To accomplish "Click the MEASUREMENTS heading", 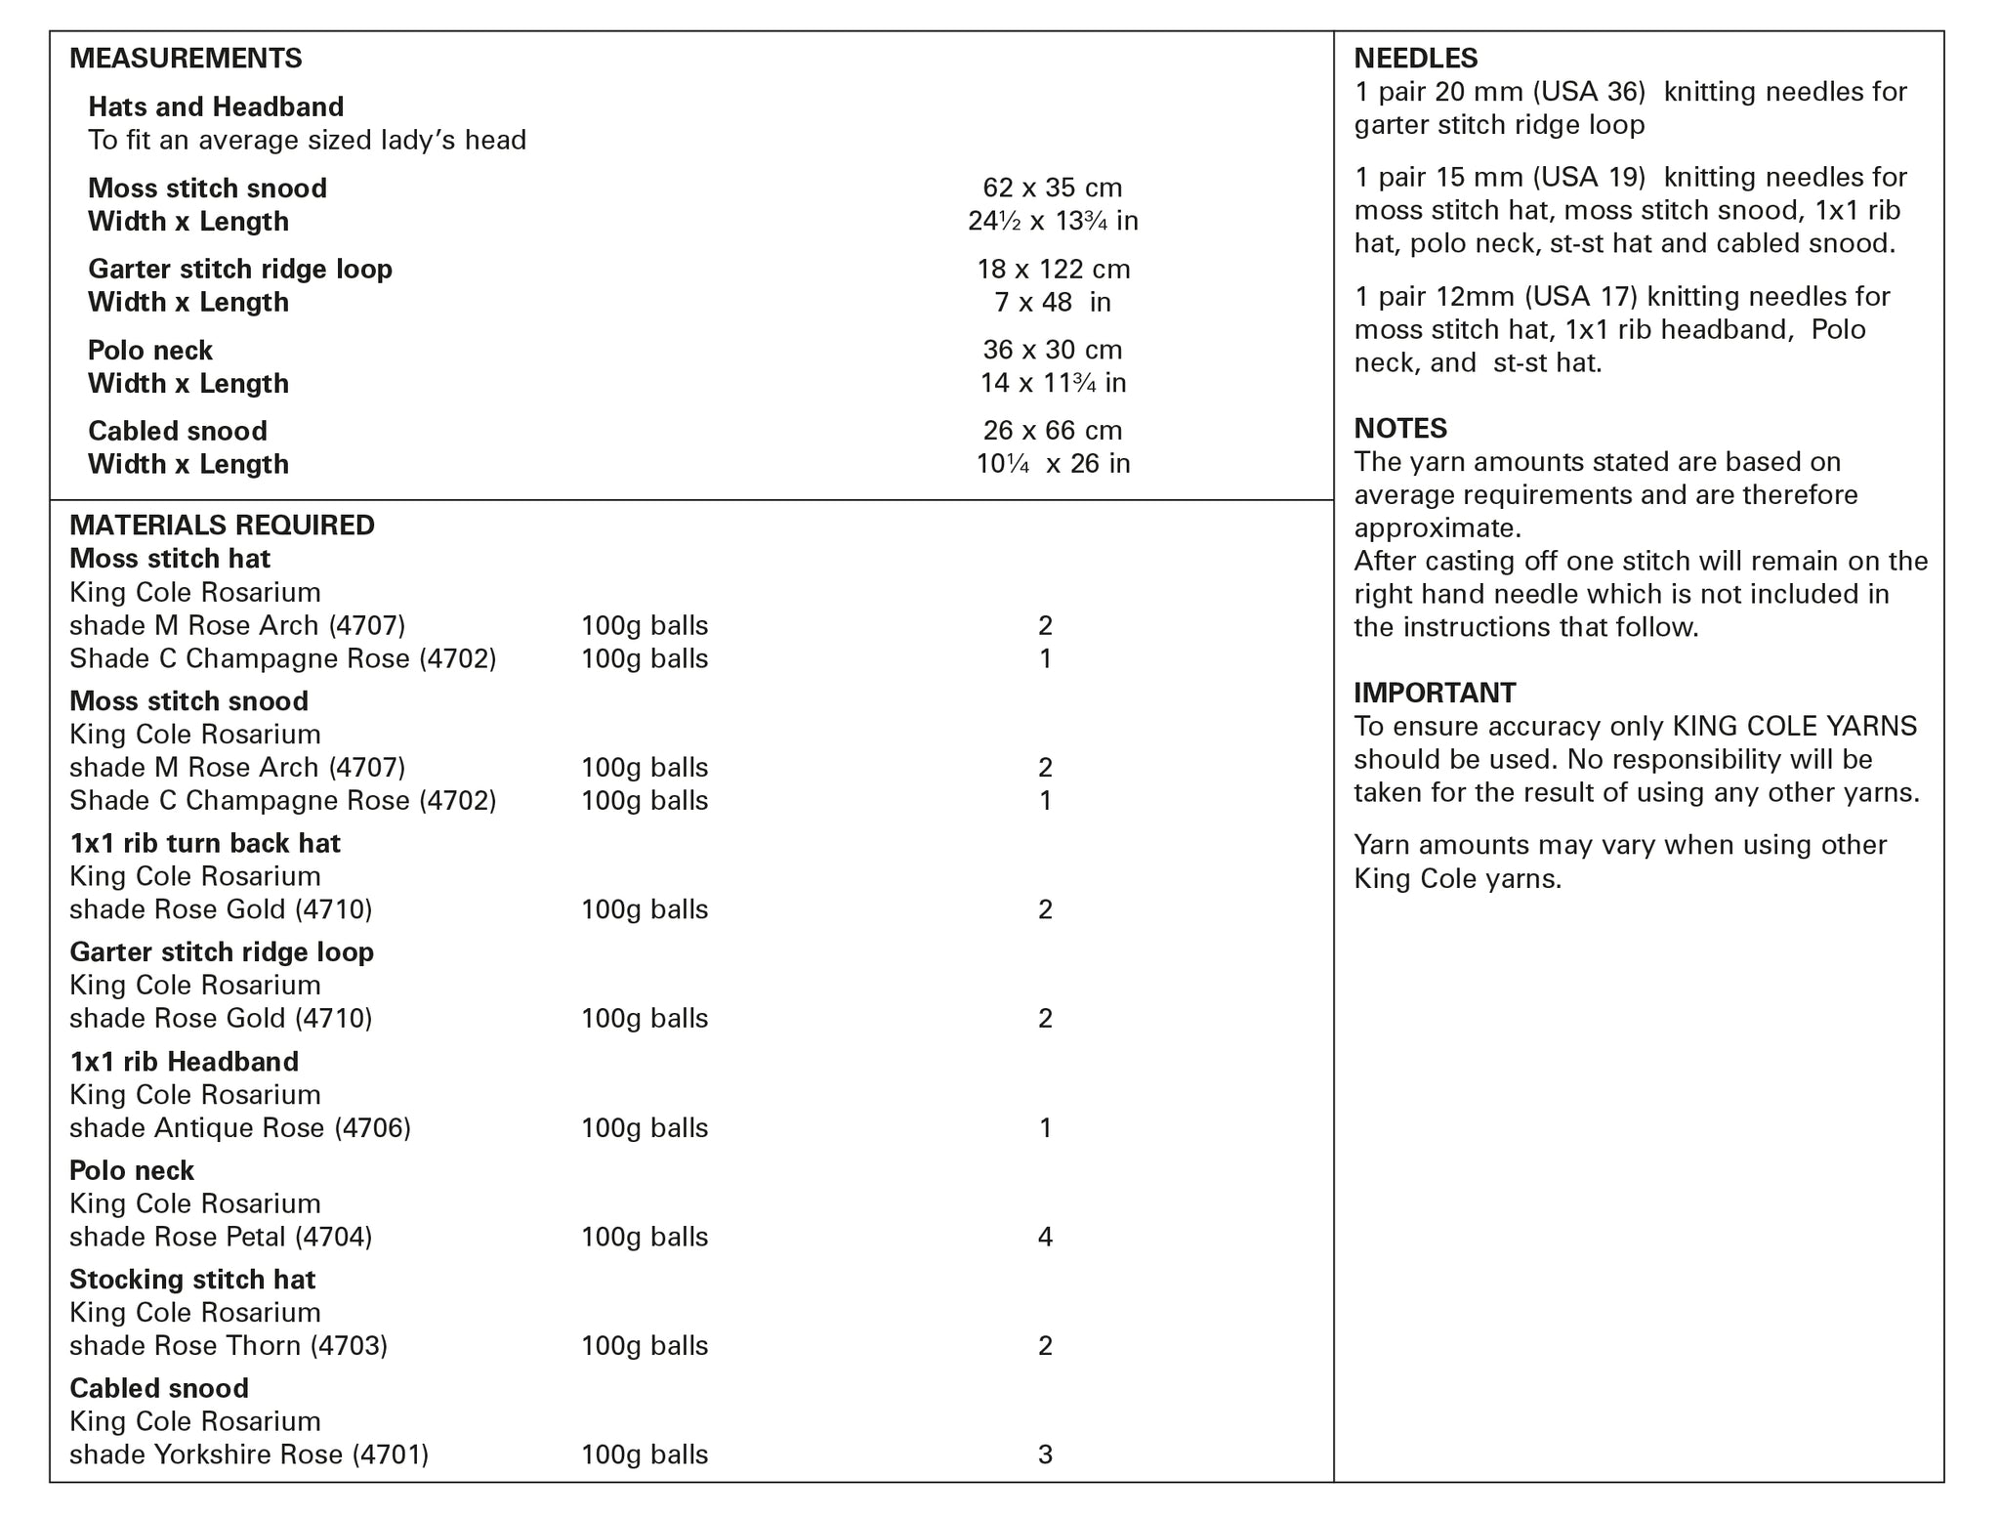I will tap(186, 59).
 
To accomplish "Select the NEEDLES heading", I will tap(1415, 59).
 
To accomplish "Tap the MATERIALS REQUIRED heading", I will tap(222, 526).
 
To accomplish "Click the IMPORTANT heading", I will tap(1434, 693).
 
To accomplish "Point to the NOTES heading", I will tap(1399, 428).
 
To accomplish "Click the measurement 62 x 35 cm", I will tap(1052, 188).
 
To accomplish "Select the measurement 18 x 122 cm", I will tap(1053, 269).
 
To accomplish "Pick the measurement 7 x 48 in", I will tap(1052, 303).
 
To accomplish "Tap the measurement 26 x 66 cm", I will tap(1052, 431).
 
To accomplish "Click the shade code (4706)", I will tap(372, 1128).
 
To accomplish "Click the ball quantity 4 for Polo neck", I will tap(1045, 1238).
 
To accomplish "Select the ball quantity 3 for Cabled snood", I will tap(1045, 1455).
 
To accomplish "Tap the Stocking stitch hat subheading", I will tap(192, 1280).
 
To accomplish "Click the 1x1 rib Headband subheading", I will tap(184, 1062).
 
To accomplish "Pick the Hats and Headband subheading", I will tap(216, 106).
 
